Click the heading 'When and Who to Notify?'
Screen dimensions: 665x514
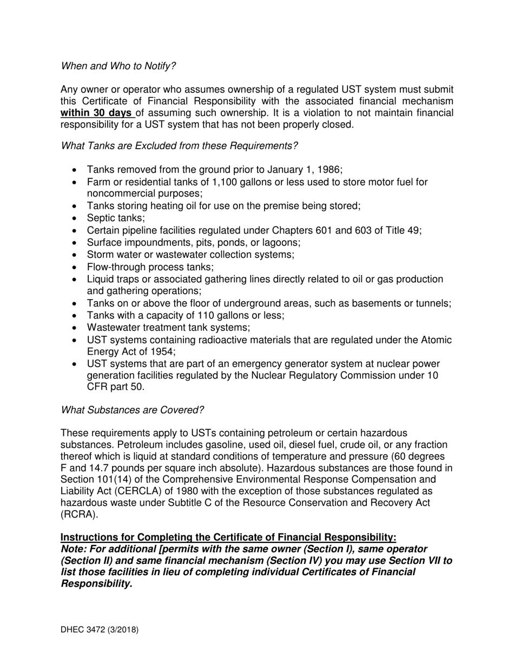(118, 66)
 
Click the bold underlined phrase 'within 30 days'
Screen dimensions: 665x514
(96, 113)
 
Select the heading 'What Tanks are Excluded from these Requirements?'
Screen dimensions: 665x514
(179, 146)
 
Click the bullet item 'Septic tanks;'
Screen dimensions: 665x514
(116, 218)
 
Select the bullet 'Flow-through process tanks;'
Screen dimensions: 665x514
(150, 267)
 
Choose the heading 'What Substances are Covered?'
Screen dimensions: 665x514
(133, 410)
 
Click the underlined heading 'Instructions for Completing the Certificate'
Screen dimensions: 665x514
(228, 537)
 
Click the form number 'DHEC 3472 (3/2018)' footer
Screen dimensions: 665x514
(100, 630)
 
